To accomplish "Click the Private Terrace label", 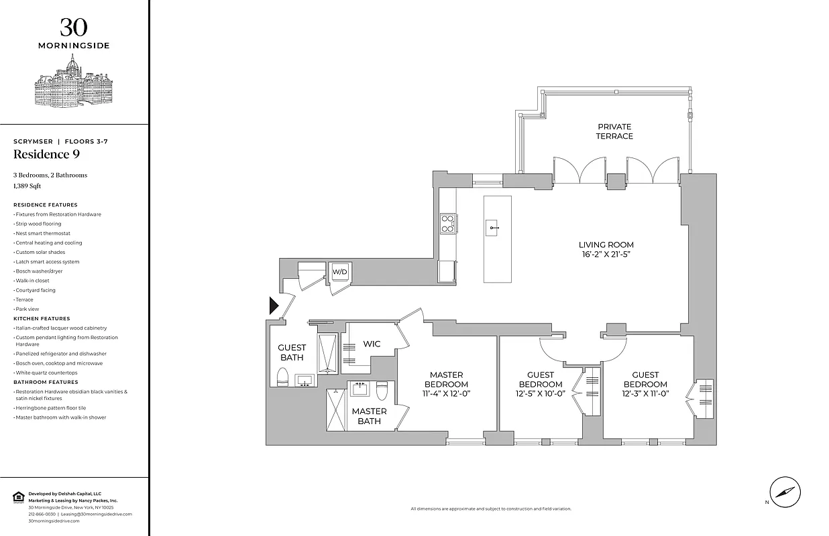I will click(x=614, y=131).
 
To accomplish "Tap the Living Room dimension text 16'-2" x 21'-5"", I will click(x=606, y=255).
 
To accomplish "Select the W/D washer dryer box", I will click(x=340, y=272).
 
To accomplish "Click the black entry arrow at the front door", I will click(x=273, y=306).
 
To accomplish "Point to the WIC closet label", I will click(x=372, y=344).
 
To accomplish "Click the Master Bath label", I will click(x=369, y=416).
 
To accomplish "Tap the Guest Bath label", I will click(x=292, y=352).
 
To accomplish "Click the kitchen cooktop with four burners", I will click(x=447, y=222).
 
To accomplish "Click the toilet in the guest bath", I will click(x=282, y=377).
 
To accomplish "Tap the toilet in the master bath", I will click(x=382, y=389).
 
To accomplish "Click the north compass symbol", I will click(x=784, y=492).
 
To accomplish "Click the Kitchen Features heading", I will click(x=42, y=319).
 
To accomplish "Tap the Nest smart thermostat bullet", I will click(x=43, y=233).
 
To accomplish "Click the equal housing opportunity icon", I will click(x=18, y=496).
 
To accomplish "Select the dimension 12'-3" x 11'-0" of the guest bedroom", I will click(x=645, y=394).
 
